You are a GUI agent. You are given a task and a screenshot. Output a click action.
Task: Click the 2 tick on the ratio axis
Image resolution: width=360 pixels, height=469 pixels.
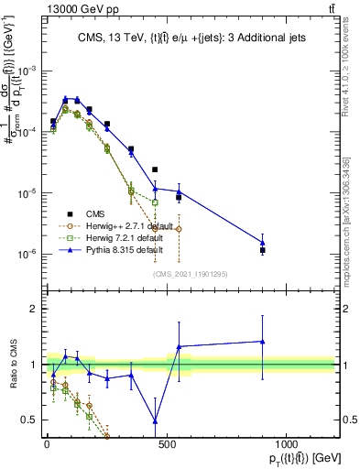32,309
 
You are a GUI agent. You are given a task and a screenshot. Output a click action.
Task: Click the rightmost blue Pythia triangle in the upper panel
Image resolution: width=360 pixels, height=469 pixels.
263,243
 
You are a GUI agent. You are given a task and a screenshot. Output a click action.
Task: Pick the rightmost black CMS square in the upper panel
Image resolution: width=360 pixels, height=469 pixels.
263,250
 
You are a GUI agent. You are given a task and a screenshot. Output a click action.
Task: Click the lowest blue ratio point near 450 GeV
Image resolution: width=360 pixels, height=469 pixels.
155,420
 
